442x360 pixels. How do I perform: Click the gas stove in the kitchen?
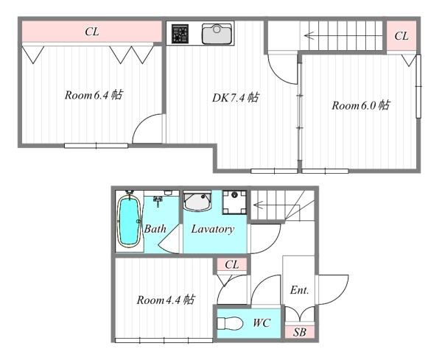click(180, 34)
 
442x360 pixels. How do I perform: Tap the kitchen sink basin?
click(217, 34)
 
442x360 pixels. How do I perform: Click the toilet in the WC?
click(230, 323)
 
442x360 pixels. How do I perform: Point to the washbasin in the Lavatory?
click(197, 202)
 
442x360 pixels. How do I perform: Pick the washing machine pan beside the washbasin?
click(234, 202)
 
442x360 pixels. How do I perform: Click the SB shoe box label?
click(299, 332)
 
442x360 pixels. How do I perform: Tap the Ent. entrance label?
click(299, 290)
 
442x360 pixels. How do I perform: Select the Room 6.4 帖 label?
click(94, 95)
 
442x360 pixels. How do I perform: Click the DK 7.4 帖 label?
click(236, 98)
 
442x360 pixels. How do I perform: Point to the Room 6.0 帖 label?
click(361, 105)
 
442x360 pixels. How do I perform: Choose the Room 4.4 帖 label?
click(166, 300)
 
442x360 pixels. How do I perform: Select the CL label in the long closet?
click(92, 32)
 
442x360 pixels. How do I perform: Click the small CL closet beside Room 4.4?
click(232, 265)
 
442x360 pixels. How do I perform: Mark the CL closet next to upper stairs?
click(401, 36)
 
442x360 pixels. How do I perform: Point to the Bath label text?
click(155, 229)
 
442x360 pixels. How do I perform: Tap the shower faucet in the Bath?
click(158, 201)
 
